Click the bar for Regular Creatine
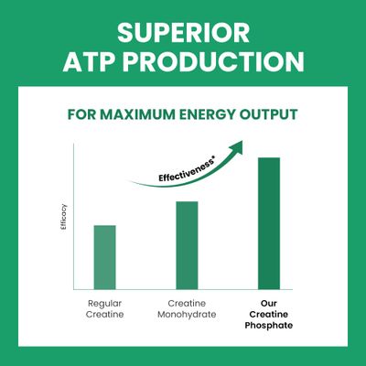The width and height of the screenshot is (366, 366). point(104,257)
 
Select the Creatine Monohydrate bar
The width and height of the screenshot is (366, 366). point(187,245)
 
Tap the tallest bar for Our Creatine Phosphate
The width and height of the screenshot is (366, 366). point(269,223)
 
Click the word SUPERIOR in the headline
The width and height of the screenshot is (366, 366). point(183,33)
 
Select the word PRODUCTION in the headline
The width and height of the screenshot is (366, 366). point(213,61)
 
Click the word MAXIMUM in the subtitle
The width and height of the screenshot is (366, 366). point(137,114)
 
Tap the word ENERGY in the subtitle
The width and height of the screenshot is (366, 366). point(207,114)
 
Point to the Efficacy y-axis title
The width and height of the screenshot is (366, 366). point(64,217)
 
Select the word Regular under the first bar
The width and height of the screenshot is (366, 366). point(104,304)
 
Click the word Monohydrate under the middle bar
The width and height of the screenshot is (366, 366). point(187,315)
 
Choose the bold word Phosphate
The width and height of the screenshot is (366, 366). point(269,326)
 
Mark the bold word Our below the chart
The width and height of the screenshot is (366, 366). point(269,304)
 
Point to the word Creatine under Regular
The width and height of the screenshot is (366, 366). point(104,315)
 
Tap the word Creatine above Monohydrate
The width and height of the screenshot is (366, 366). point(187,304)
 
